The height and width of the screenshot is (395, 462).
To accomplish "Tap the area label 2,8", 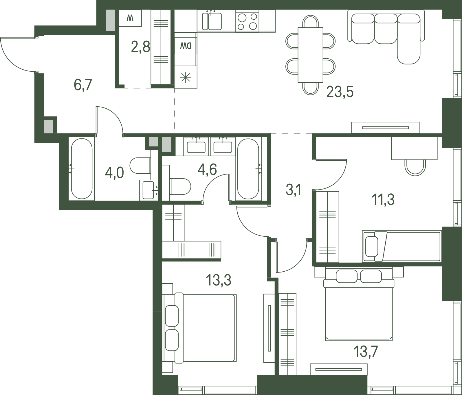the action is coord(141,47).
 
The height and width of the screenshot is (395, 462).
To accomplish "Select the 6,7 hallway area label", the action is coord(83,85).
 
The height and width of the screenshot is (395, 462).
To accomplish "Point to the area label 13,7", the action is coord(365,352).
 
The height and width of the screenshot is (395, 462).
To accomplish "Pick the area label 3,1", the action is coord(294,190).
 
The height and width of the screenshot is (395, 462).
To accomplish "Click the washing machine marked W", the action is coord(130,18).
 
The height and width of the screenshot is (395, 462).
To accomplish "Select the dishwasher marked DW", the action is coord(186,46).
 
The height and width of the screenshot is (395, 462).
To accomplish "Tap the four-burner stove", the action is coord(247,21).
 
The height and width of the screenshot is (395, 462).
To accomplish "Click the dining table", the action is coord(310,55).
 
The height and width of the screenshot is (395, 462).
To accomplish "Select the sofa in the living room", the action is coord(386,36).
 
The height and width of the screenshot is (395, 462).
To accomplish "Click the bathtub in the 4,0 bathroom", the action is coord(82,169).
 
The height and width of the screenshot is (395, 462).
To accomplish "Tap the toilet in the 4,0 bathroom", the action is coord(140,166).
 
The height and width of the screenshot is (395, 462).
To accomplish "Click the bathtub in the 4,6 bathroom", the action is coord(248,169).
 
